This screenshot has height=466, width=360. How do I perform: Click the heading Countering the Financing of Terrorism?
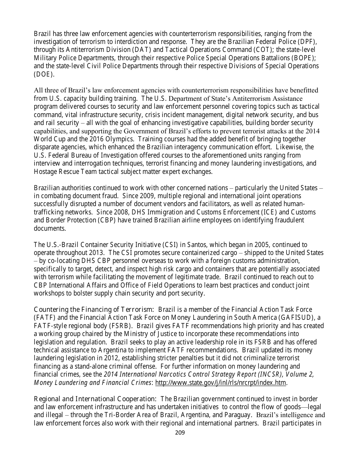tap(94, 310)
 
